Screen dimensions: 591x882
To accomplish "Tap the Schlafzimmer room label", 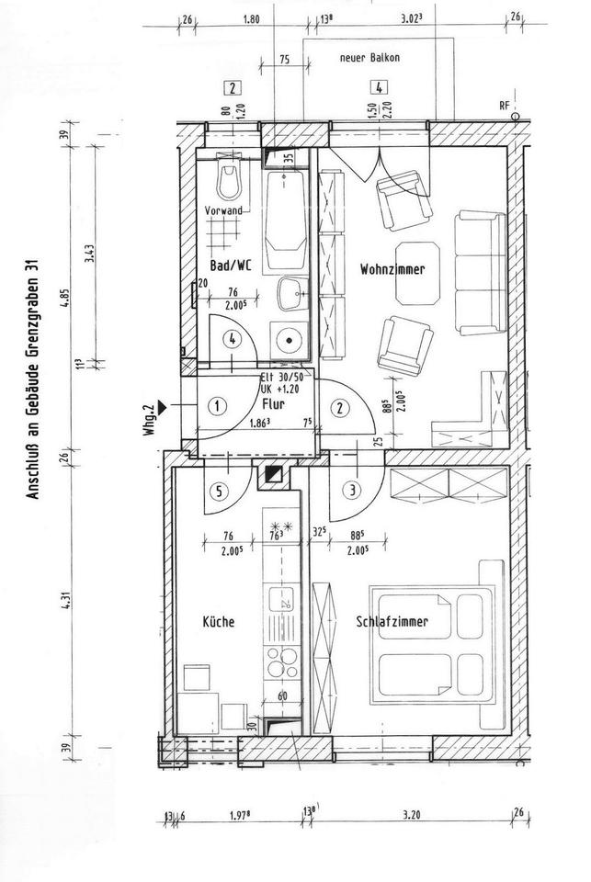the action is coord(393,622).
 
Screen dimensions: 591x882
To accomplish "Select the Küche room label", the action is coord(218,622).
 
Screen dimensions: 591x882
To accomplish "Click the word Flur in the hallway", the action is coord(273,402).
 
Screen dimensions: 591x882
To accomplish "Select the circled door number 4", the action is coord(234,339).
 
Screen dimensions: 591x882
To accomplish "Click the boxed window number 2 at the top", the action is coord(233,89).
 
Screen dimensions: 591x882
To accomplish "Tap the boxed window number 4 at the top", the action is coord(377,89).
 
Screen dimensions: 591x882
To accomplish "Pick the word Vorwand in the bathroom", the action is coord(223,211).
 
